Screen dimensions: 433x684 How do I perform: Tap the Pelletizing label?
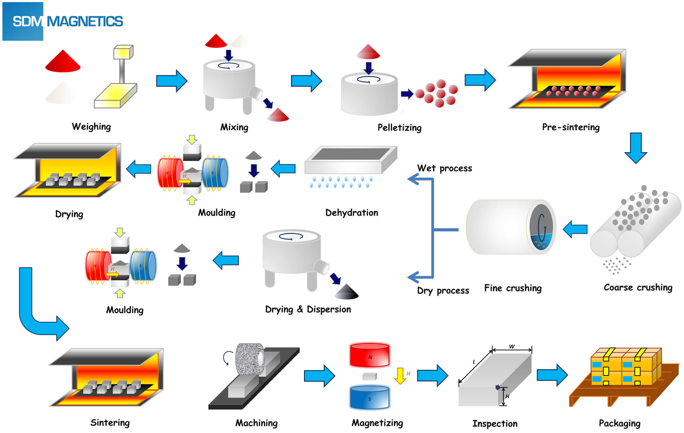pos(399,127)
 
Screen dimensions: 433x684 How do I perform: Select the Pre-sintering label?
pos(571,127)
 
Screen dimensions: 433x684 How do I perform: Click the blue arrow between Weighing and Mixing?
pos(172,81)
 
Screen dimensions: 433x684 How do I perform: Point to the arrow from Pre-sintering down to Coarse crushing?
pos(635,148)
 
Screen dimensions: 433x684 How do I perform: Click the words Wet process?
pos(444,168)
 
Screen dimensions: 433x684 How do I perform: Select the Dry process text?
pos(443,290)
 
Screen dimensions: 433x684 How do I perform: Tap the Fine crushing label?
pos(513,288)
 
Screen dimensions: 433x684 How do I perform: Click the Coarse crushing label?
pos(638,287)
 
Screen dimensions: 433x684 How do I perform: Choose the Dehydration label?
pos(351,213)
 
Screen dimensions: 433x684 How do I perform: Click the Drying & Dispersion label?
pos(308,310)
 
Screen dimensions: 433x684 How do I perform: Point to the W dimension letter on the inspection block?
pos(512,346)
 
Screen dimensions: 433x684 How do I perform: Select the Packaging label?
pos(619,423)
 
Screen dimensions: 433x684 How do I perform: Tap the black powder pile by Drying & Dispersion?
pos(347,292)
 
